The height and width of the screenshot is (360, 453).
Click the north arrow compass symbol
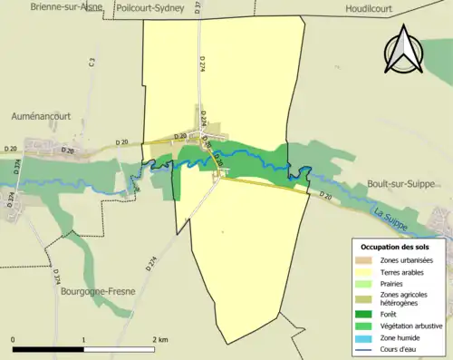(x=403, y=50)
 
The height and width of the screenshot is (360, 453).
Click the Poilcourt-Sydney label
(x=150, y=7)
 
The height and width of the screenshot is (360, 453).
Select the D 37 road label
(x=198, y=7)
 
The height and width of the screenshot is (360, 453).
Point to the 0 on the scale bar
(x=14, y=339)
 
